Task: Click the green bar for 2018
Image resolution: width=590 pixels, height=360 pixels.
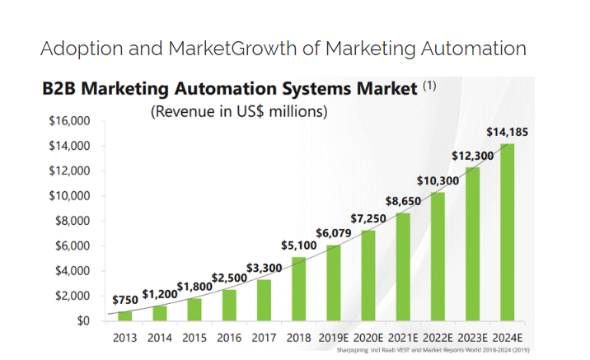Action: click(298, 288)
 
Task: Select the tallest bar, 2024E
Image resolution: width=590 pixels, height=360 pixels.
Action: click(508, 231)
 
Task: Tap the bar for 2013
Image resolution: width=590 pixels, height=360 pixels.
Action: click(124, 316)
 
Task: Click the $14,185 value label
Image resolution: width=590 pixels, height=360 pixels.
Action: click(508, 131)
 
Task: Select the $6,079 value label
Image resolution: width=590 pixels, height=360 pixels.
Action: click(333, 233)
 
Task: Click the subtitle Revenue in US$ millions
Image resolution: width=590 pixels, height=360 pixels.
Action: click(239, 111)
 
